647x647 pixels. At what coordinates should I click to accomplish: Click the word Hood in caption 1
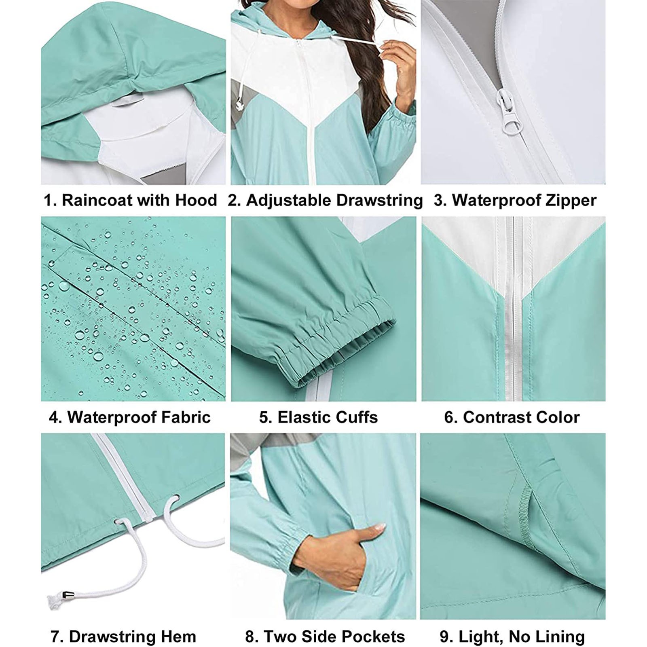tap(196, 200)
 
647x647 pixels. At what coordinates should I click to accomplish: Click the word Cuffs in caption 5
tap(353, 417)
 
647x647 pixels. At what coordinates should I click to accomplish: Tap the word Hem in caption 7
tap(179, 637)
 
